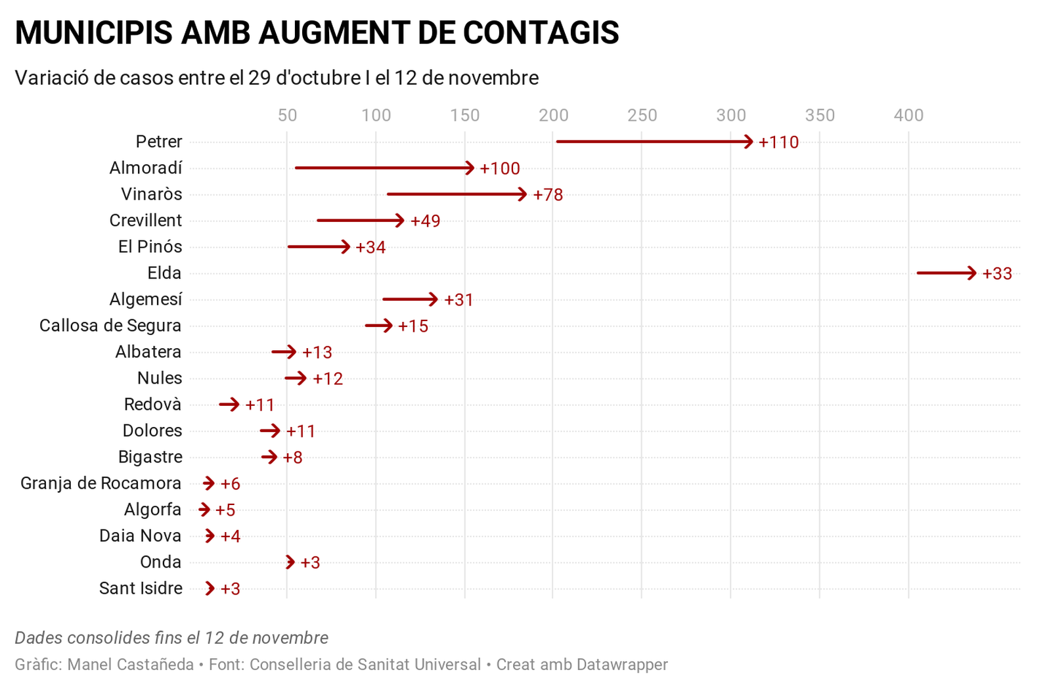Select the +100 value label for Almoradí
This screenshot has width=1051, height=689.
500,169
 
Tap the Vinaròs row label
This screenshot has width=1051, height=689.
152,194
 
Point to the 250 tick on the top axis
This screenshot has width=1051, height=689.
642,116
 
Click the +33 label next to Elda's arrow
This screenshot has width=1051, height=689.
997,274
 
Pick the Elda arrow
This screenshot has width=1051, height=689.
946,273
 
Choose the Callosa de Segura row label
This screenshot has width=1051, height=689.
110,326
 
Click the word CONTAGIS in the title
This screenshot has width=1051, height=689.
541,33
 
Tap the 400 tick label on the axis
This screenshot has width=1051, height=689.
908,116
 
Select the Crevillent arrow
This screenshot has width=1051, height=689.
360,221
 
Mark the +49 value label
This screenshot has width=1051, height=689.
425,221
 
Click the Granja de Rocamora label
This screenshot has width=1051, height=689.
101,483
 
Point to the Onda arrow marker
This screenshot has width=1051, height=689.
290,562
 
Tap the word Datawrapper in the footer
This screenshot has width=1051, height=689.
622,665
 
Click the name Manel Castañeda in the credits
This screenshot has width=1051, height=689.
131,665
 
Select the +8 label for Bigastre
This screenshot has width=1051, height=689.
292,458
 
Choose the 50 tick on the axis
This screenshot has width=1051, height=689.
287,116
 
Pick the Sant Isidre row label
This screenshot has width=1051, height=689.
141,589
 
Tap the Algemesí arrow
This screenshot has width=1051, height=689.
410,300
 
